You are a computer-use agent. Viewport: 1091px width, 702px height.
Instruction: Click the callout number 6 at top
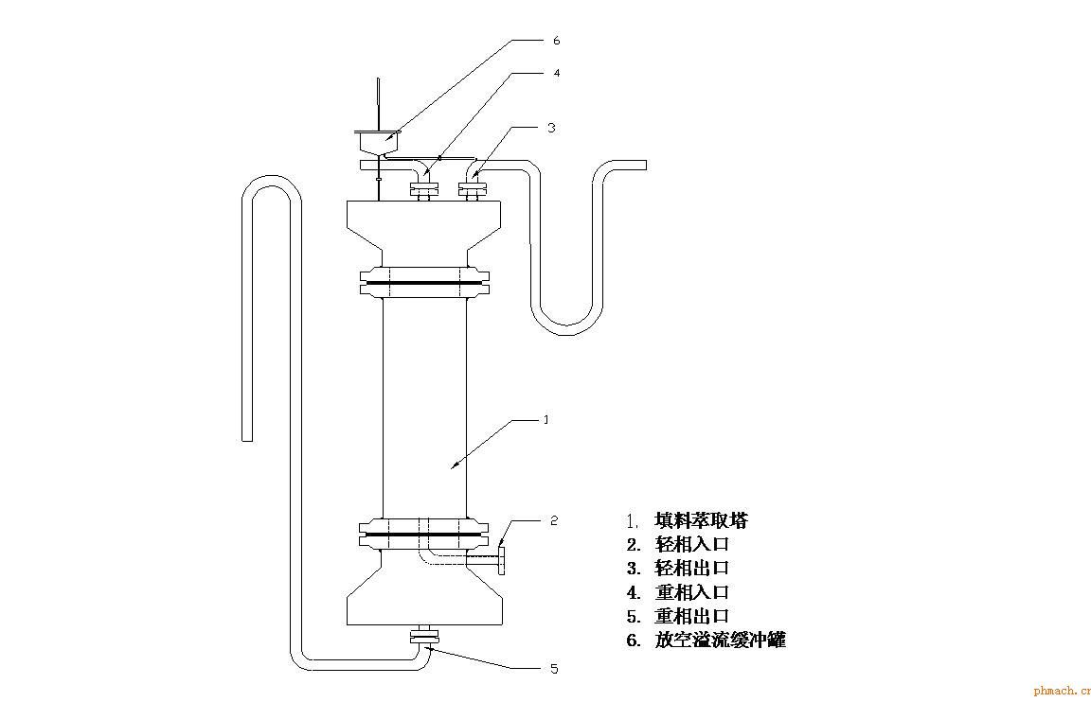(x=556, y=41)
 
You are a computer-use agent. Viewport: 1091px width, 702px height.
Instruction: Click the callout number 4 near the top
(x=556, y=73)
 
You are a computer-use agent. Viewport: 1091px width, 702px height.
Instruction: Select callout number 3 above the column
(x=550, y=127)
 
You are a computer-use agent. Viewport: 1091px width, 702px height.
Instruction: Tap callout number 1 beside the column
(x=545, y=419)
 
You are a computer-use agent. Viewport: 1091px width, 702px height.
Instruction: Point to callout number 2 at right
(x=555, y=520)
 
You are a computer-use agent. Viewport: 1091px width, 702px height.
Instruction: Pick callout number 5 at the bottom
(x=554, y=669)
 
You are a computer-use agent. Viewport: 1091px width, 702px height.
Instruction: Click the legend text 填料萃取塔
(x=700, y=521)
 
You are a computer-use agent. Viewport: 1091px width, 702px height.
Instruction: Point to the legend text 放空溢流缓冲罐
(x=719, y=641)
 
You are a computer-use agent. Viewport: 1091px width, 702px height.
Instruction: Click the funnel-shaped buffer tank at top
(x=378, y=143)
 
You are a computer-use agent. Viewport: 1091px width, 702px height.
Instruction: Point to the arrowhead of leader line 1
(x=454, y=465)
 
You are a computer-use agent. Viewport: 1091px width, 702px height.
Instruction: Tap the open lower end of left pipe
(x=247, y=434)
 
